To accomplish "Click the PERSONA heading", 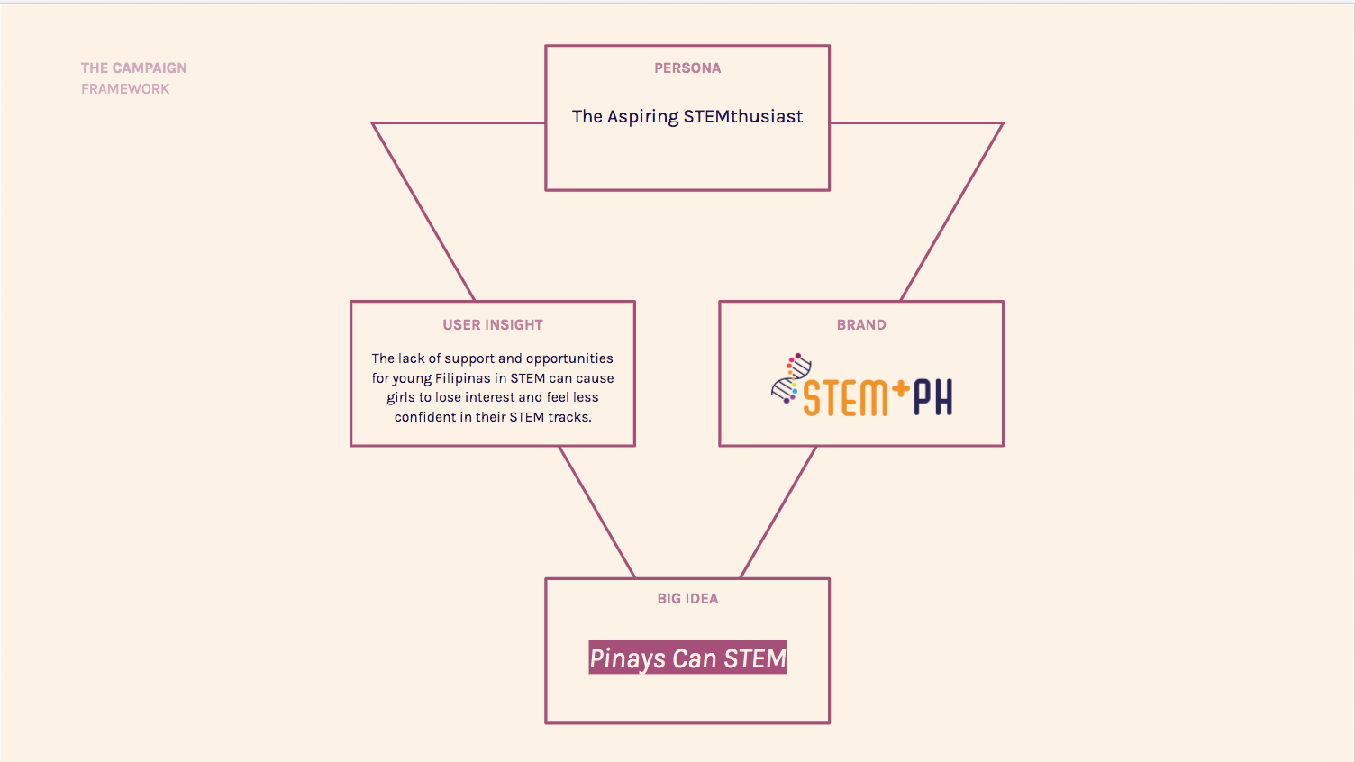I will click(687, 68).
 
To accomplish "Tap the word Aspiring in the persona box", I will click(642, 117).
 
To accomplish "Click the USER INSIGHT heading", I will click(493, 325).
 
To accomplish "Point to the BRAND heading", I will click(861, 325).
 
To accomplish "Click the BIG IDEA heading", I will click(687, 599).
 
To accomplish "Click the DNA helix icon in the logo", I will click(791, 378).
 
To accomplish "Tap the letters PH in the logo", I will click(932, 397).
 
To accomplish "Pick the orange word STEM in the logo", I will click(845, 398).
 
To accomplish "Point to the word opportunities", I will click(569, 358).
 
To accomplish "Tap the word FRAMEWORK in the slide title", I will click(125, 89).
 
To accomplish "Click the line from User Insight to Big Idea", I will click(596, 512).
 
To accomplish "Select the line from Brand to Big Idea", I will click(778, 512).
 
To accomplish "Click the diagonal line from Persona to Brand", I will click(952, 212).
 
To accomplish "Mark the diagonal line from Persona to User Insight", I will click(423, 212).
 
